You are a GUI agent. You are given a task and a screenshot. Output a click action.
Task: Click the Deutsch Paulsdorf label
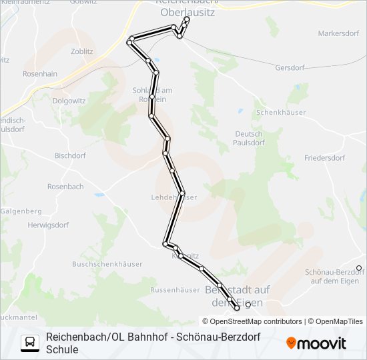(250, 138)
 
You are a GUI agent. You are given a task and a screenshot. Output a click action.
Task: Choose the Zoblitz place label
(81, 51)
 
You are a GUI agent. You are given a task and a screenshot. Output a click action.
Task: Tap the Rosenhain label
(39, 74)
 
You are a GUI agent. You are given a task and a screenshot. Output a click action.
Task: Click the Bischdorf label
(70, 155)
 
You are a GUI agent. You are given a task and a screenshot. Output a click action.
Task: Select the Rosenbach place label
(65, 187)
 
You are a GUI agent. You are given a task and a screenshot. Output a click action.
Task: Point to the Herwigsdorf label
(47, 225)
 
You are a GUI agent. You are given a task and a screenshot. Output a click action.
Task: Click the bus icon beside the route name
(29, 343)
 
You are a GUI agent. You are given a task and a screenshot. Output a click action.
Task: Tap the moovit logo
(316, 343)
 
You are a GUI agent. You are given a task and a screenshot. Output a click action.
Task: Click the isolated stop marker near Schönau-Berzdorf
(359, 268)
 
